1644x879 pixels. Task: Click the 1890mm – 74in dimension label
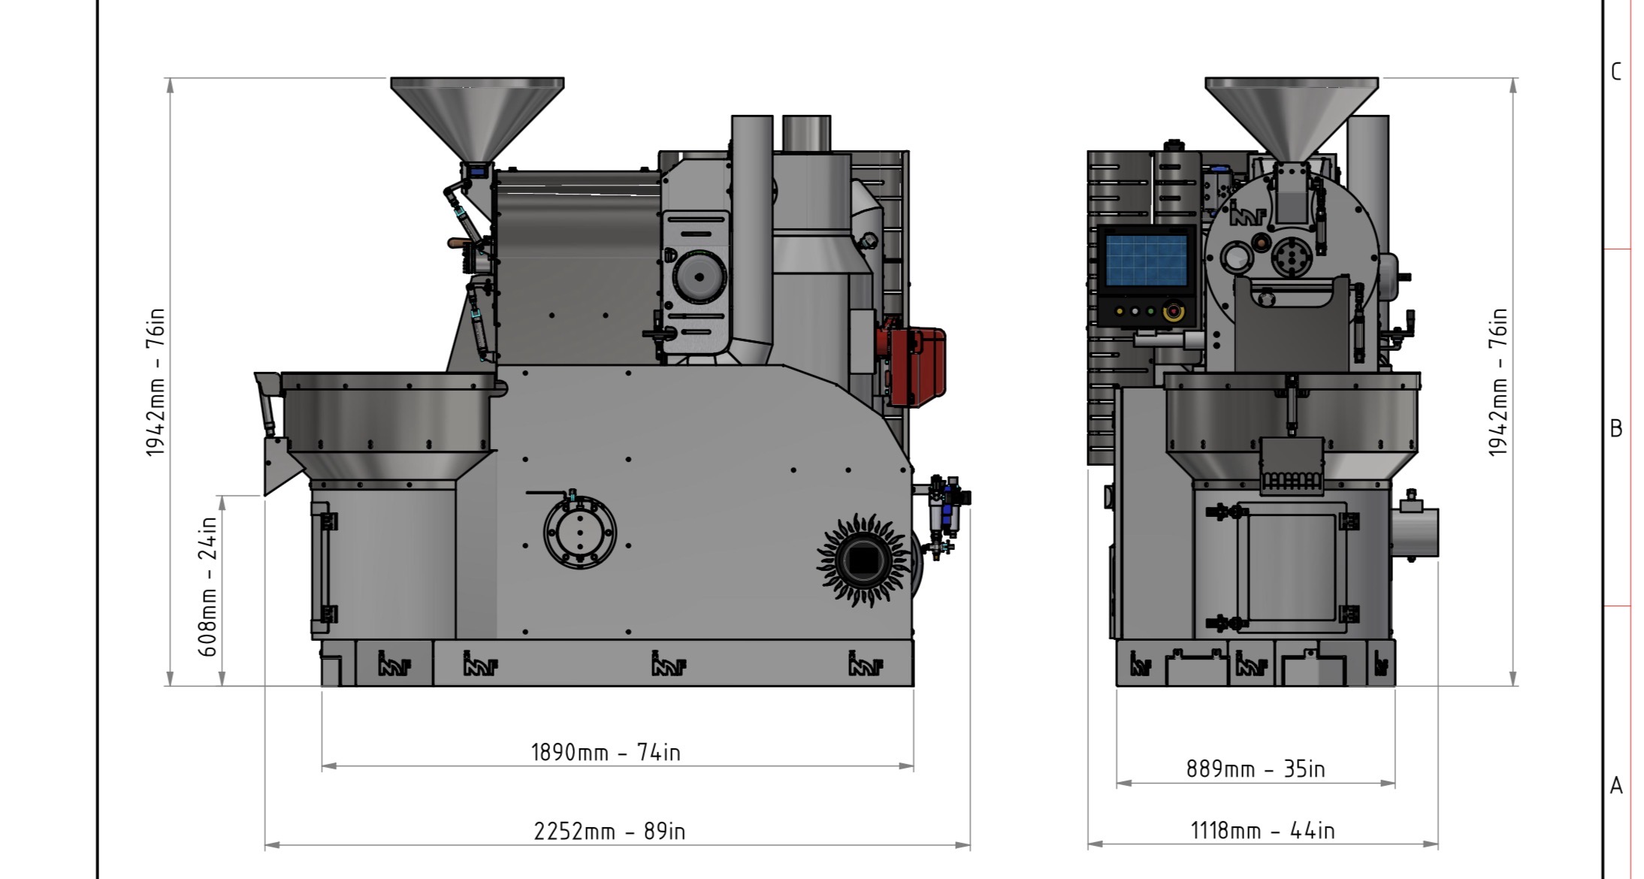tap(606, 752)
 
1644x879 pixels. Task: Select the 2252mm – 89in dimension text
tap(609, 832)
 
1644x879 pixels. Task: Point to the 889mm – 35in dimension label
tap(1256, 769)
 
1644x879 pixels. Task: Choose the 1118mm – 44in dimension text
tap(1262, 831)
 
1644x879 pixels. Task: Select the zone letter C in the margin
tap(1616, 72)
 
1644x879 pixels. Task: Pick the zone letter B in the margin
tap(1616, 428)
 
